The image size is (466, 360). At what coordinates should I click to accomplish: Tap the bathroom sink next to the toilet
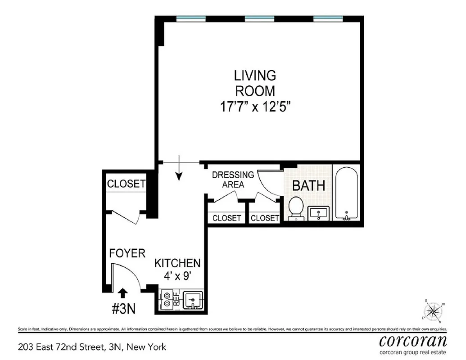[x=319, y=212]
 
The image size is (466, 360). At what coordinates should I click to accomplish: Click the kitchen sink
[x=194, y=300]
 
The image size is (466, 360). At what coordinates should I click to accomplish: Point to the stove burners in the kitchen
[x=167, y=300]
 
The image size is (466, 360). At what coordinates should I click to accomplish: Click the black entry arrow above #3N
[x=122, y=293]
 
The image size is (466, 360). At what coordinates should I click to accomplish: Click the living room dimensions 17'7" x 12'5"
[x=254, y=108]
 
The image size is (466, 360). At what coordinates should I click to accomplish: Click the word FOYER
[x=127, y=253]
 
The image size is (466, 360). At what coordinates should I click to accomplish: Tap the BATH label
[x=308, y=186]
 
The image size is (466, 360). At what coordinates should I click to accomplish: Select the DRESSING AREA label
[x=233, y=180]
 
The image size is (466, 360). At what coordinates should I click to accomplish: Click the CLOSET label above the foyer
[x=126, y=184]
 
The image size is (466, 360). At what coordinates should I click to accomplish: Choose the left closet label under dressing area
[x=226, y=218]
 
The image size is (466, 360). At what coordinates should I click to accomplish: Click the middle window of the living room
[x=260, y=18]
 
